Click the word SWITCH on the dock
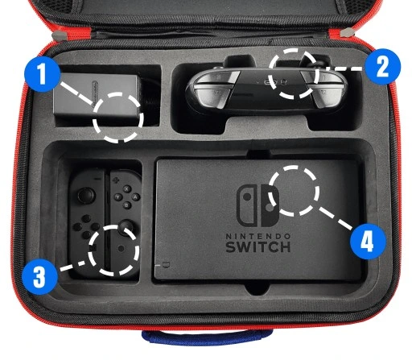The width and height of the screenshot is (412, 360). [x=258, y=245]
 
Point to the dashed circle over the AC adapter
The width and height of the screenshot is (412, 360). [x=117, y=115]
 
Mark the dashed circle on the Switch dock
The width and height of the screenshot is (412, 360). [x=293, y=192]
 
